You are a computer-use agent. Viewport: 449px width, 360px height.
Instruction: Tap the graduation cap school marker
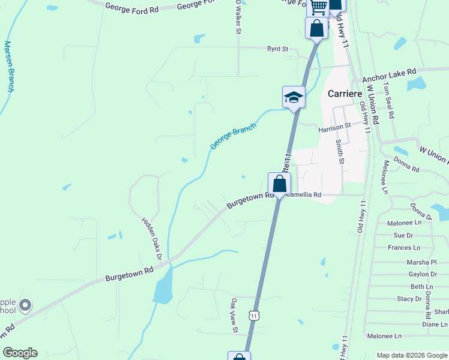coord(294,97)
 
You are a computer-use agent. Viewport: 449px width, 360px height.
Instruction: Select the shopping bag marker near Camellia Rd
coord(279,184)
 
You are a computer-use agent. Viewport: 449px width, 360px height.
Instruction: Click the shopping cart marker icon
coord(318,7)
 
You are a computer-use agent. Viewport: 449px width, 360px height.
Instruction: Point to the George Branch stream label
coord(233,137)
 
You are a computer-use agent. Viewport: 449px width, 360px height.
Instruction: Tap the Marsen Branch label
coord(9,66)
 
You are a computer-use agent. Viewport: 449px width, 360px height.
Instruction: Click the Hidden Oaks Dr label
coord(152,238)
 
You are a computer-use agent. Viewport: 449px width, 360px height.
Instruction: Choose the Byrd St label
coord(278,49)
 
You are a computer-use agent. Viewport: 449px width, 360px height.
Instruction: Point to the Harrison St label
coord(334,127)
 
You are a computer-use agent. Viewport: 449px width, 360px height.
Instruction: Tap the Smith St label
coord(340,152)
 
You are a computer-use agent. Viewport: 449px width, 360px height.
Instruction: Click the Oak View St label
coord(235,315)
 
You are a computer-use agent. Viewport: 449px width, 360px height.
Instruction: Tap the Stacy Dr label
coord(409,299)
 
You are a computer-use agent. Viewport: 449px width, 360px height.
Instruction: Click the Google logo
coord(20,353)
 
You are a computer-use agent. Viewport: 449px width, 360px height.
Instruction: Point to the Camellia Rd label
coord(304,195)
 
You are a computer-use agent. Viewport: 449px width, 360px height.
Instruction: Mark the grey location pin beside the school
coord(25,306)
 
